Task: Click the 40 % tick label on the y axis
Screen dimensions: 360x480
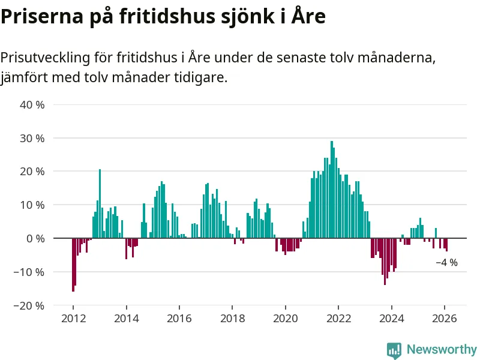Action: pyautogui.click(x=33, y=105)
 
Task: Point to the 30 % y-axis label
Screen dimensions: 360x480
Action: pyautogui.click(x=33, y=138)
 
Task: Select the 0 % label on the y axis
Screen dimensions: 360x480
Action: pyautogui.click(x=36, y=238)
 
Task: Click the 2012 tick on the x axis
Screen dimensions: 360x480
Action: pyautogui.click(x=73, y=319)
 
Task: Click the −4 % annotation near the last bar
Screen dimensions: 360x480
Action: pyautogui.click(x=446, y=263)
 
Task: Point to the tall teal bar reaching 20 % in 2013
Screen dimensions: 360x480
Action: pyautogui.click(x=100, y=204)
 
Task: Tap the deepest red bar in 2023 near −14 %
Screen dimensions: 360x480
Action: pyautogui.click(x=385, y=261)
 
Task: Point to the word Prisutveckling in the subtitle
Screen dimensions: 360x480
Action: pyautogui.click(x=46, y=58)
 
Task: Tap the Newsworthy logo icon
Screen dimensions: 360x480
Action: pyautogui.click(x=394, y=350)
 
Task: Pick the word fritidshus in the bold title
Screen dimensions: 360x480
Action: pyautogui.click(x=152, y=17)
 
